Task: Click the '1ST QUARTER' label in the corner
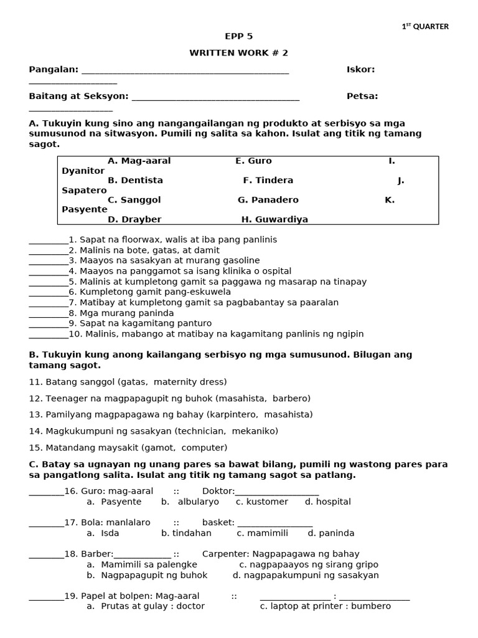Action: pos(425,26)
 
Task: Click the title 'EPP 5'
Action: pos(238,36)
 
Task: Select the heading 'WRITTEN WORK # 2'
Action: pos(238,53)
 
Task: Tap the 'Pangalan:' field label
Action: pos(54,69)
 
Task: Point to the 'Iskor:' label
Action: pos(360,69)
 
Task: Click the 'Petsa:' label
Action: pos(362,96)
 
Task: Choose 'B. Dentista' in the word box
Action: pos(135,180)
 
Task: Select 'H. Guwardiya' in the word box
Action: pos(274,219)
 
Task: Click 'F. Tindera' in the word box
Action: pos(268,180)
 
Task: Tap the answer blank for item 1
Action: pos(48,240)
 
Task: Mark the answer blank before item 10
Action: pos(48,335)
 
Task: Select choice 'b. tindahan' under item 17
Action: pos(186,533)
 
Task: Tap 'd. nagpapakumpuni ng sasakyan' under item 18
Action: pos(306,575)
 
